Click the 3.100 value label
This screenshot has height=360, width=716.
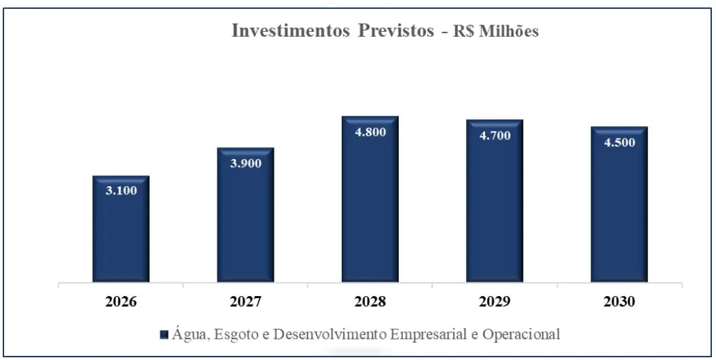coord(121,190)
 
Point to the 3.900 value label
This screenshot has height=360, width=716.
coord(245,162)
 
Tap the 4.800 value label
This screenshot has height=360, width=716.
coord(370,132)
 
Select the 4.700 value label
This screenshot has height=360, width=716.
coord(495,135)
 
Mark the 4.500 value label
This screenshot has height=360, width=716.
coord(619,142)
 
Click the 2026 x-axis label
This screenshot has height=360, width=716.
coord(121,302)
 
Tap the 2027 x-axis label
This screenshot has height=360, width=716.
coord(245,302)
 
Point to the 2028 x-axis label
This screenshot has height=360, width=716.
coord(370,302)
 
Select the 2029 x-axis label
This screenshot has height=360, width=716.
coord(495,302)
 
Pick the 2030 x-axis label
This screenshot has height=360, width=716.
coord(619,302)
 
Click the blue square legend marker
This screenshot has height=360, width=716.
coord(164,335)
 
